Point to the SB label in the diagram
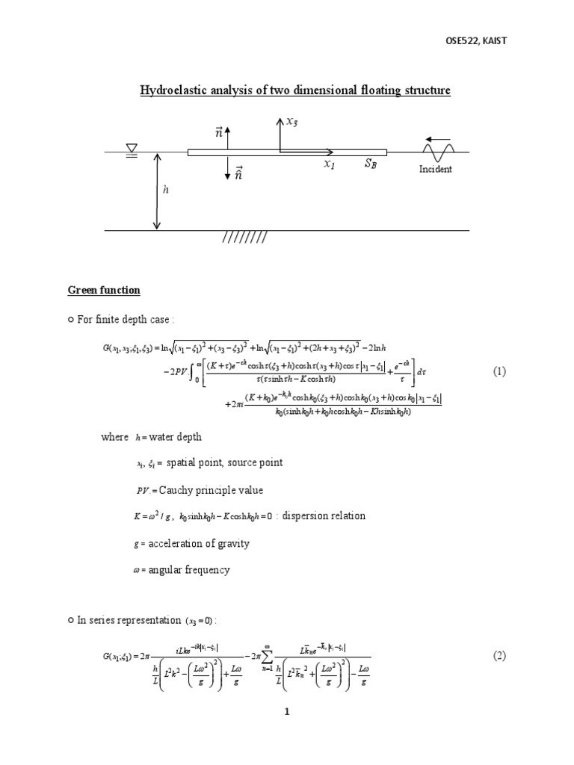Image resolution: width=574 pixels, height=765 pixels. point(371,164)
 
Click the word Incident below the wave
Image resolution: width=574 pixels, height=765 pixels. point(436,170)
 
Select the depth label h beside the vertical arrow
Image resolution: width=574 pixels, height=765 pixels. point(166,191)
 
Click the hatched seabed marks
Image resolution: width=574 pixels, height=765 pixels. point(244,238)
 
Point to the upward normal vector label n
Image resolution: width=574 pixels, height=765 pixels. point(219,132)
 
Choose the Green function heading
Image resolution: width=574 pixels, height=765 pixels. point(104,290)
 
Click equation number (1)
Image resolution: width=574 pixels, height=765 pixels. point(499,371)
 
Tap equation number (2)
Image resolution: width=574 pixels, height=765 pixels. point(499,656)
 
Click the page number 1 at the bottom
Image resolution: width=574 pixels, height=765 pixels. point(286,712)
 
